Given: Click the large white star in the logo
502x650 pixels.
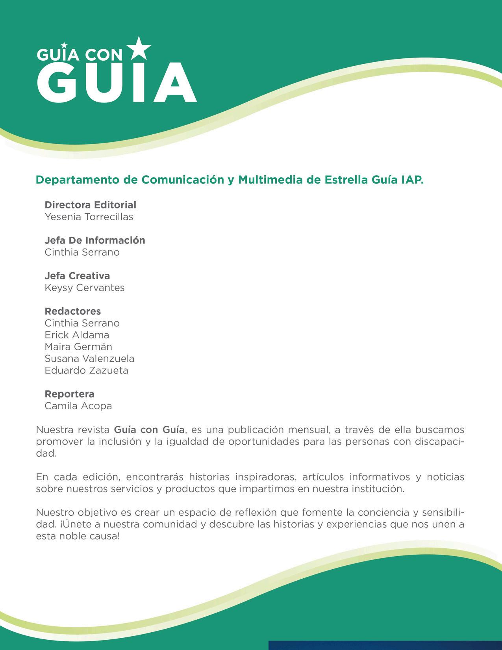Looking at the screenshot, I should (138, 48).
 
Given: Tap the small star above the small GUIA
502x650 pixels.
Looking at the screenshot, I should (65, 46).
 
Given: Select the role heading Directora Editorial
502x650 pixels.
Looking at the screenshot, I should (90, 205).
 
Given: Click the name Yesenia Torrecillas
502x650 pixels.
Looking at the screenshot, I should (89, 217).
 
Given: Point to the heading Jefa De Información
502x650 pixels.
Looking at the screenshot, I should (95, 240).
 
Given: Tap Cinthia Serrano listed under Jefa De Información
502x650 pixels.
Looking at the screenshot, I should (82, 252).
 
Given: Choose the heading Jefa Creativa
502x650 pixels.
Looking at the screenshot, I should (77, 276).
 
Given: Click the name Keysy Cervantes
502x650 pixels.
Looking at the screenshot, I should (85, 288).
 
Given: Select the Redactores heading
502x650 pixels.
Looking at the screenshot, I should (73, 311).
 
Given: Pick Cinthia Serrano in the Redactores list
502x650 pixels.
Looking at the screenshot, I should (82, 323).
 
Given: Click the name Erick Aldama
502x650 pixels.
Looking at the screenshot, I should (77, 335).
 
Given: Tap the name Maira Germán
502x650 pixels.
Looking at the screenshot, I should (78, 347).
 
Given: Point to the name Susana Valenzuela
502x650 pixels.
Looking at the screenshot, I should (89, 358).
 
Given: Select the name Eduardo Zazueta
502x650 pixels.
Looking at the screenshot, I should (86, 370).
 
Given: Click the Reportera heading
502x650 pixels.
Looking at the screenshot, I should (69, 394).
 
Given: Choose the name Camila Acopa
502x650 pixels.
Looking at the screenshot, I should (78, 406).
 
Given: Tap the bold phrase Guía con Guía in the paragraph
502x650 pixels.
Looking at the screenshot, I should (149, 429).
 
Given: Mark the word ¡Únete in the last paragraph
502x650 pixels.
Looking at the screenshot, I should (75, 524).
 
